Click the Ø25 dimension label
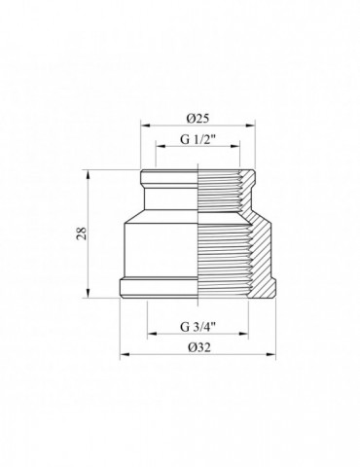click(200, 116)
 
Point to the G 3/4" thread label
click(200, 326)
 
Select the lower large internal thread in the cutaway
click(226, 258)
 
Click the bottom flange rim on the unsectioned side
click(161, 286)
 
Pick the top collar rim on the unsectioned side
click(170, 181)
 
